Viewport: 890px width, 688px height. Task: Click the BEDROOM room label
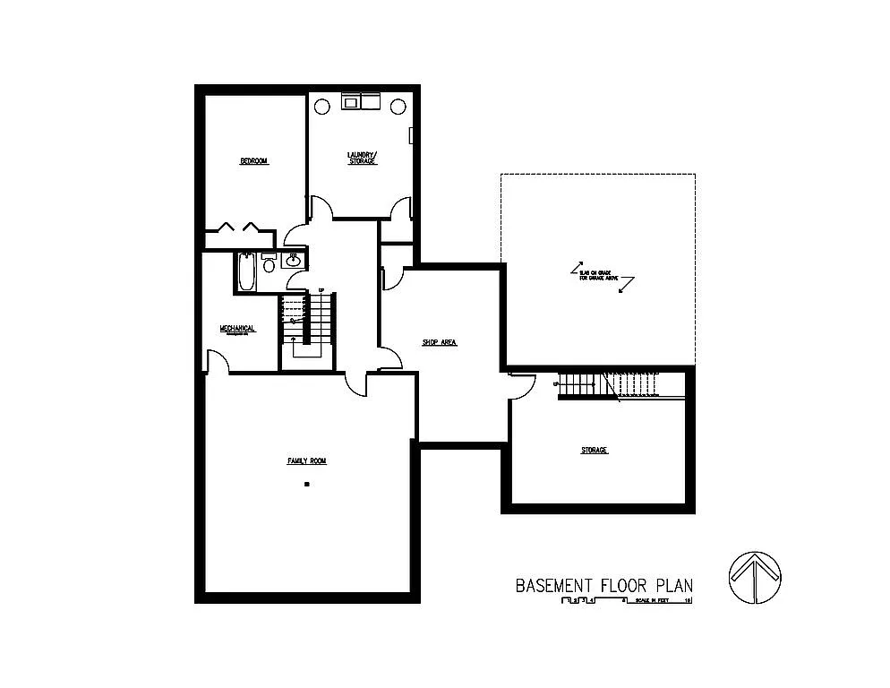click(x=253, y=161)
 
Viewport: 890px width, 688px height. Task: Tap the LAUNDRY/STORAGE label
click(x=363, y=158)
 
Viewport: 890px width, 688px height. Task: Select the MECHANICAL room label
click(x=237, y=329)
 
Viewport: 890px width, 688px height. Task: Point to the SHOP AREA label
click(x=440, y=342)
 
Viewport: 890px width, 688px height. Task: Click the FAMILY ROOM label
click(x=306, y=461)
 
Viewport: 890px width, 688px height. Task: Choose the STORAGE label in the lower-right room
click(x=594, y=450)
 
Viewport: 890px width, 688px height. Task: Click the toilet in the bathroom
click(x=269, y=264)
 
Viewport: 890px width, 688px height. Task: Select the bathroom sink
click(x=293, y=261)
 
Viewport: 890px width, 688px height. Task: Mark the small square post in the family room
click(x=307, y=484)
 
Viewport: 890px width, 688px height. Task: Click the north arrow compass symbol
click(x=754, y=578)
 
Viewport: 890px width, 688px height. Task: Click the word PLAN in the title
click(x=673, y=586)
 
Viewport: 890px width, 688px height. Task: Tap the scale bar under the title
click(x=627, y=601)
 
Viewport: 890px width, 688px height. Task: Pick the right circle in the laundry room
click(x=397, y=106)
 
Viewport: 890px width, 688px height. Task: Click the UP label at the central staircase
click(x=321, y=290)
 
